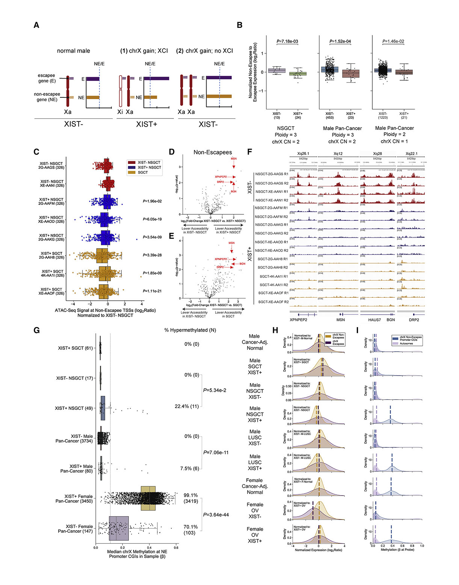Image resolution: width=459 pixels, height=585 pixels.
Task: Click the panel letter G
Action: (x=36, y=330)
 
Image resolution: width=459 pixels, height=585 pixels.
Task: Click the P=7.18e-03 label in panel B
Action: (x=287, y=41)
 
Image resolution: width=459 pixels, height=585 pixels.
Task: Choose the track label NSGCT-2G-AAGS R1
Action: (x=272, y=174)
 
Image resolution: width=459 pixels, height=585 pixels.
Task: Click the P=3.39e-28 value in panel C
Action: (x=152, y=255)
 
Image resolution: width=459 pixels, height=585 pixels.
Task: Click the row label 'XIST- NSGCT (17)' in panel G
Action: (x=75, y=378)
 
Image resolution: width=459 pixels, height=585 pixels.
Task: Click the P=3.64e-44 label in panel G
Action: (x=216, y=515)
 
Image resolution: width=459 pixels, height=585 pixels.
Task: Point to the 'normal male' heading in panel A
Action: (x=73, y=51)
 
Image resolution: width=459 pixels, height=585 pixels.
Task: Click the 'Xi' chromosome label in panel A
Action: (x=120, y=112)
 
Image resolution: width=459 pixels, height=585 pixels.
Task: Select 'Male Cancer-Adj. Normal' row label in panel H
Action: (x=255, y=342)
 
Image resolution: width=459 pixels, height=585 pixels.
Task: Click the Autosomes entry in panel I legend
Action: (x=406, y=343)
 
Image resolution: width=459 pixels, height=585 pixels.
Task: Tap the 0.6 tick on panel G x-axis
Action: (x=176, y=548)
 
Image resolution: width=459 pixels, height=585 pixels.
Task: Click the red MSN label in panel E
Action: (x=231, y=243)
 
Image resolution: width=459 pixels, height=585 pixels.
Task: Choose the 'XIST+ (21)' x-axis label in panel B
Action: (x=404, y=115)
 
